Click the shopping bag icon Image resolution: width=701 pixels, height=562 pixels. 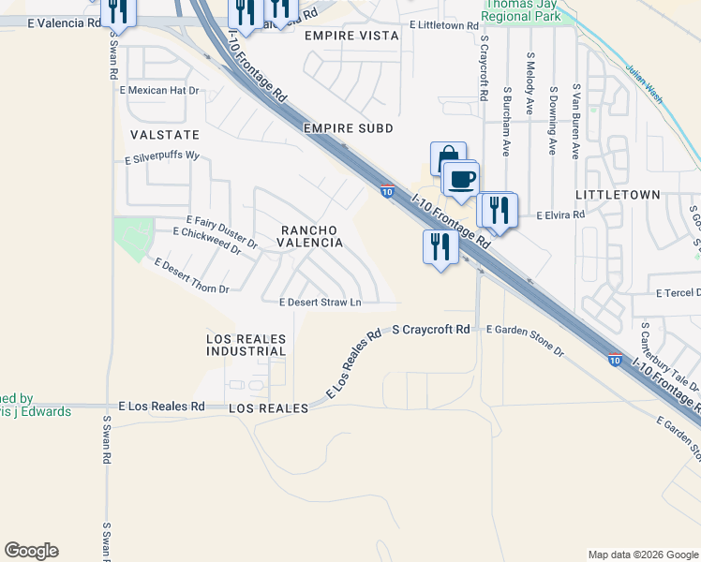(448, 157)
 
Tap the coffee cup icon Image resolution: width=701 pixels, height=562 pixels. (460, 177)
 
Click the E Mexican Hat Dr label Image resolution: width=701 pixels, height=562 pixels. (160, 91)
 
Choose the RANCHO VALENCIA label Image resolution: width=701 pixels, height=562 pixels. (309, 235)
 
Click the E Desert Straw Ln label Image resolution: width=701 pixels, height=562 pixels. (321, 303)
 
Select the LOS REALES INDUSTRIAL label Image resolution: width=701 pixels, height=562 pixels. (246, 344)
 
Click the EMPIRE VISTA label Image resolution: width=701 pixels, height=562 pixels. (351, 35)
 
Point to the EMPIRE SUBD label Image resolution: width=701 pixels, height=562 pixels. (348, 127)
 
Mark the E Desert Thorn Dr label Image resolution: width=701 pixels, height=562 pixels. (192, 276)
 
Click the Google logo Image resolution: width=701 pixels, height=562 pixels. (31, 551)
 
